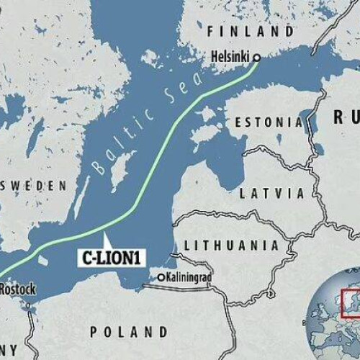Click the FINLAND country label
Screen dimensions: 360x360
[251, 32]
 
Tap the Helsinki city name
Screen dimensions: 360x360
[230, 57]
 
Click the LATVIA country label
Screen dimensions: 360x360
[272, 193]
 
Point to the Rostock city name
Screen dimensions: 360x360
[15, 289]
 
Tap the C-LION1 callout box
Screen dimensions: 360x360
[109, 256]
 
